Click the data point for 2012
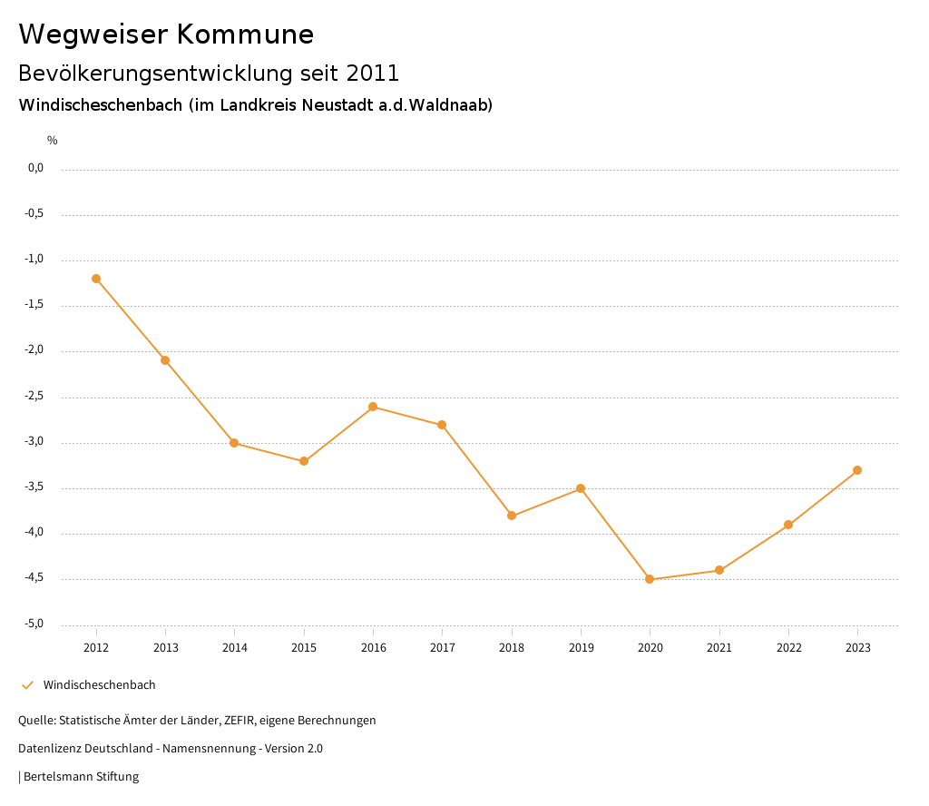pyautogui.click(x=96, y=279)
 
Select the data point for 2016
pyautogui.click(x=373, y=407)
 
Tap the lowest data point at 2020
pyautogui.click(x=650, y=579)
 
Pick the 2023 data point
pyautogui.click(x=857, y=470)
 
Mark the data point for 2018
pyautogui.click(x=512, y=516)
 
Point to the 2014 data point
pyautogui.click(x=234, y=443)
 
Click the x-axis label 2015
pyautogui.click(x=304, y=648)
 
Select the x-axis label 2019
pyautogui.click(x=581, y=648)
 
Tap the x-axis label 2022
pyautogui.click(x=788, y=648)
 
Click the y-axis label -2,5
pyautogui.click(x=35, y=397)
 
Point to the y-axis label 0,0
pyautogui.click(x=36, y=168)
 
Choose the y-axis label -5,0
pyautogui.click(x=35, y=624)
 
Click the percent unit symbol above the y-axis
pyautogui.click(x=53, y=141)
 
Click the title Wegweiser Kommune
pyautogui.click(x=166, y=34)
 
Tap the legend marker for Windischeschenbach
pyautogui.click(x=27, y=685)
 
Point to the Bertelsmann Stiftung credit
pyautogui.click(x=80, y=777)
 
